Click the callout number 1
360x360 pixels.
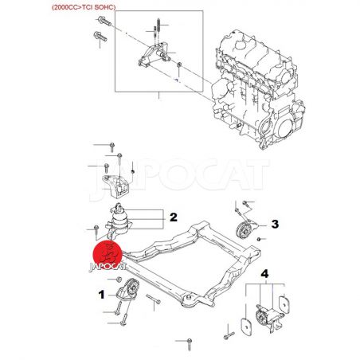coord(101,295)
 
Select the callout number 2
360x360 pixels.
coord(174,217)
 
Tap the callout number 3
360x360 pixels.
coord(275,224)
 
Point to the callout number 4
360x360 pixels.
coord(264,274)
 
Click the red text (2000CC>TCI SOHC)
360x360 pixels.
coord(84,7)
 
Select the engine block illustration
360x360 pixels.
coord(258,89)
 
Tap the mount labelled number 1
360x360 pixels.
coord(129,290)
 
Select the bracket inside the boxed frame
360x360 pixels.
coord(154,55)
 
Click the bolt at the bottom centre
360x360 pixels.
coord(190,343)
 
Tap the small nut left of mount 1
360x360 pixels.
coord(119,280)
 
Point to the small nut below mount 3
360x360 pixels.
coord(259,240)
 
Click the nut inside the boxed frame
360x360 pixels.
coord(179,65)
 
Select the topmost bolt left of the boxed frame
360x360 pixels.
coord(104,21)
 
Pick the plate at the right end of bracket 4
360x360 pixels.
coord(284,304)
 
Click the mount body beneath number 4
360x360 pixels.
coord(267,317)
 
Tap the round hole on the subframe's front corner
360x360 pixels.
coord(189,297)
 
